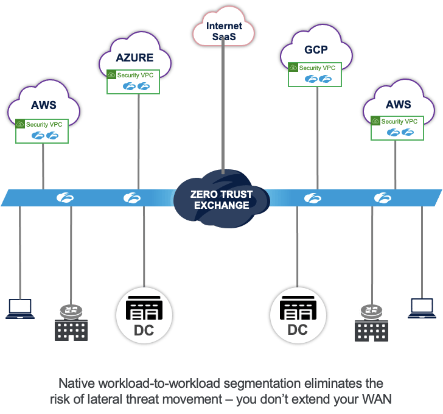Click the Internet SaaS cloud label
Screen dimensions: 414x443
tap(224, 32)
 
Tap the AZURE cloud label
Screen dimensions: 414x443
tap(134, 58)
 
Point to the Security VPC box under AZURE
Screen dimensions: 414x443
tap(133, 82)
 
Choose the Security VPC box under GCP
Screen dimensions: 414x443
tap(314, 73)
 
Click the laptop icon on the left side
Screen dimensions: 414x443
tap(20, 308)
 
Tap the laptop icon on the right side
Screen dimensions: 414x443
tap(423, 308)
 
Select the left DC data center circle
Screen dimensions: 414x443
tap(144, 315)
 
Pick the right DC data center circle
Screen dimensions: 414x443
tap(298, 315)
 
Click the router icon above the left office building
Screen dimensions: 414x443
tap(71, 311)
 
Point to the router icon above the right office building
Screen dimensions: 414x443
tap(371, 311)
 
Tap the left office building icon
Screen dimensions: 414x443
tap(71, 330)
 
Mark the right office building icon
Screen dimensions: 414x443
tap(371, 330)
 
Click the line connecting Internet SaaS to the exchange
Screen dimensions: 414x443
tap(224, 110)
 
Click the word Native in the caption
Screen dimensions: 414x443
tap(77, 384)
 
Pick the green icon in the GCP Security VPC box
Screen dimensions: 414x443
tap(293, 68)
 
